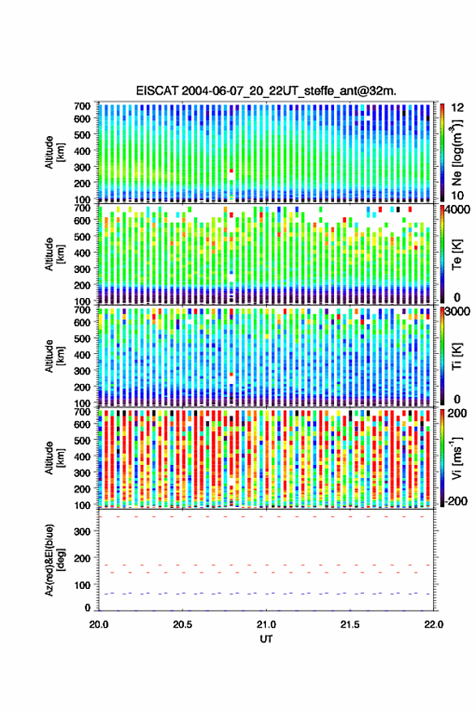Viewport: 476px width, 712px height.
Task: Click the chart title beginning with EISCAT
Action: (x=267, y=91)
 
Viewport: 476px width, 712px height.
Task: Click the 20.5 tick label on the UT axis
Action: (x=182, y=625)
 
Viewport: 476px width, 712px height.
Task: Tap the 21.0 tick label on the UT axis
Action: (x=266, y=625)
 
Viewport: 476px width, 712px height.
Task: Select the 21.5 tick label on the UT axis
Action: (x=350, y=625)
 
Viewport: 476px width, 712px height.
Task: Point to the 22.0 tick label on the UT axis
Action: (x=433, y=625)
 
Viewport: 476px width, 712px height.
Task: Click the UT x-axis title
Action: (x=266, y=639)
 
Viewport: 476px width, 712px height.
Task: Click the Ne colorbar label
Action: (x=457, y=153)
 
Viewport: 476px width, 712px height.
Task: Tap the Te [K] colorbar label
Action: (x=457, y=254)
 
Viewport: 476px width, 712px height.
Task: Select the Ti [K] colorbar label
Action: (x=457, y=356)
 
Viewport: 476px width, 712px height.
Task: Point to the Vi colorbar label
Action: (x=457, y=458)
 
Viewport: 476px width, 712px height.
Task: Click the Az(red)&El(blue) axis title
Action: (x=54, y=560)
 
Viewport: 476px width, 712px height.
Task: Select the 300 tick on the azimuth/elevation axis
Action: (x=82, y=531)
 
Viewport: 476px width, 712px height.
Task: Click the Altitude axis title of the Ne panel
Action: (x=54, y=152)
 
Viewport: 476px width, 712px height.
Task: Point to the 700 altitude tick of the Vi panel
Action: (x=82, y=411)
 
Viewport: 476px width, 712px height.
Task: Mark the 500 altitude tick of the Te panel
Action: (x=82, y=237)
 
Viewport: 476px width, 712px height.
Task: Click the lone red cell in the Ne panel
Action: (x=231, y=171)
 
